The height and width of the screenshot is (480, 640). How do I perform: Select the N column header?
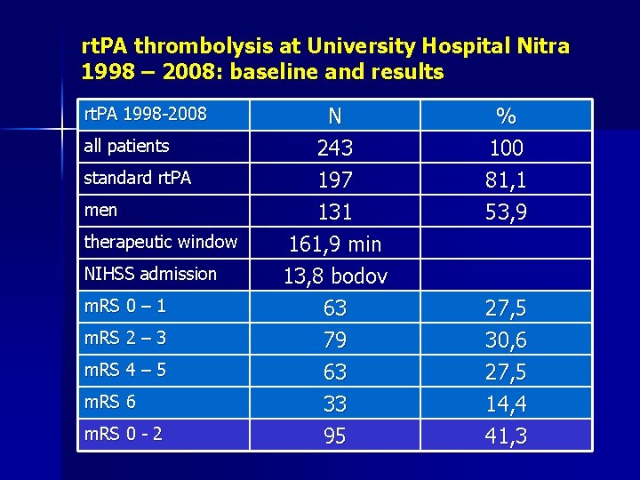[335, 116]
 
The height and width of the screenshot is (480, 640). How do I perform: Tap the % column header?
[507, 116]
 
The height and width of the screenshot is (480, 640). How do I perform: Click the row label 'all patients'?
[126, 146]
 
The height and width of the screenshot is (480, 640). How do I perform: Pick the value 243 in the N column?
[335, 148]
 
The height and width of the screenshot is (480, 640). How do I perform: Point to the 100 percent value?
[507, 148]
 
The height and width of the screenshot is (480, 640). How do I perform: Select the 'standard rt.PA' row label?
[137, 178]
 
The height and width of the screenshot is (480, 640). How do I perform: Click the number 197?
[335, 180]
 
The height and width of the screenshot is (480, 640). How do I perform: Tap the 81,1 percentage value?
[507, 180]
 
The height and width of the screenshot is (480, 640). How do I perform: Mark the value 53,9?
[507, 212]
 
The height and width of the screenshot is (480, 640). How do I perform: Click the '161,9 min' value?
[335, 244]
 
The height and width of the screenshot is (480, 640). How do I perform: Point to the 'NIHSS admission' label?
[150, 274]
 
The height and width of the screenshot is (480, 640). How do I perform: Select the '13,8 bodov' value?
[335, 276]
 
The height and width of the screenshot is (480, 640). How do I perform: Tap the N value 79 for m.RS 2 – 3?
[335, 340]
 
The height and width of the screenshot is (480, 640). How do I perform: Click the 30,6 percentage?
[507, 340]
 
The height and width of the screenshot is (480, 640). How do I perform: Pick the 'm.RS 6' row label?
[109, 402]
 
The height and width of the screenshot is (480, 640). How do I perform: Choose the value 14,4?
[507, 404]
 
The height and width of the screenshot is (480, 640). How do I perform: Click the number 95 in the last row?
[335, 436]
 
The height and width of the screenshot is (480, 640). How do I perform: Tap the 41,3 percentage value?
[507, 436]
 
